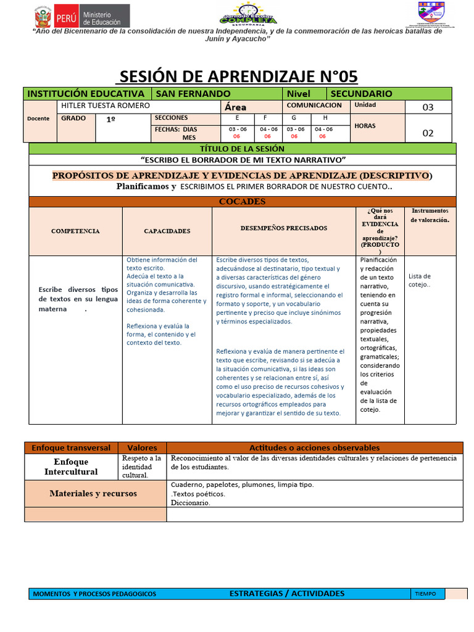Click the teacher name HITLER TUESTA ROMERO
pos(106,106)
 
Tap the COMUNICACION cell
pos(314,106)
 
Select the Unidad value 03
pos(428,107)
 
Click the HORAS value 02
pos(428,133)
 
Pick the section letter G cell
pos(294,117)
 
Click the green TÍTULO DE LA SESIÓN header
pos(242,149)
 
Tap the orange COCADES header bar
pos(242,202)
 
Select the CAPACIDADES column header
pos(167,231)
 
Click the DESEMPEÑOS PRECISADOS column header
pos(284,228)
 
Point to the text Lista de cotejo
pos(420,280)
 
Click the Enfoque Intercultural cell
pos(71,467)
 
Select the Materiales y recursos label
pos(93,494)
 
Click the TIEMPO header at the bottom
pos(425,594)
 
